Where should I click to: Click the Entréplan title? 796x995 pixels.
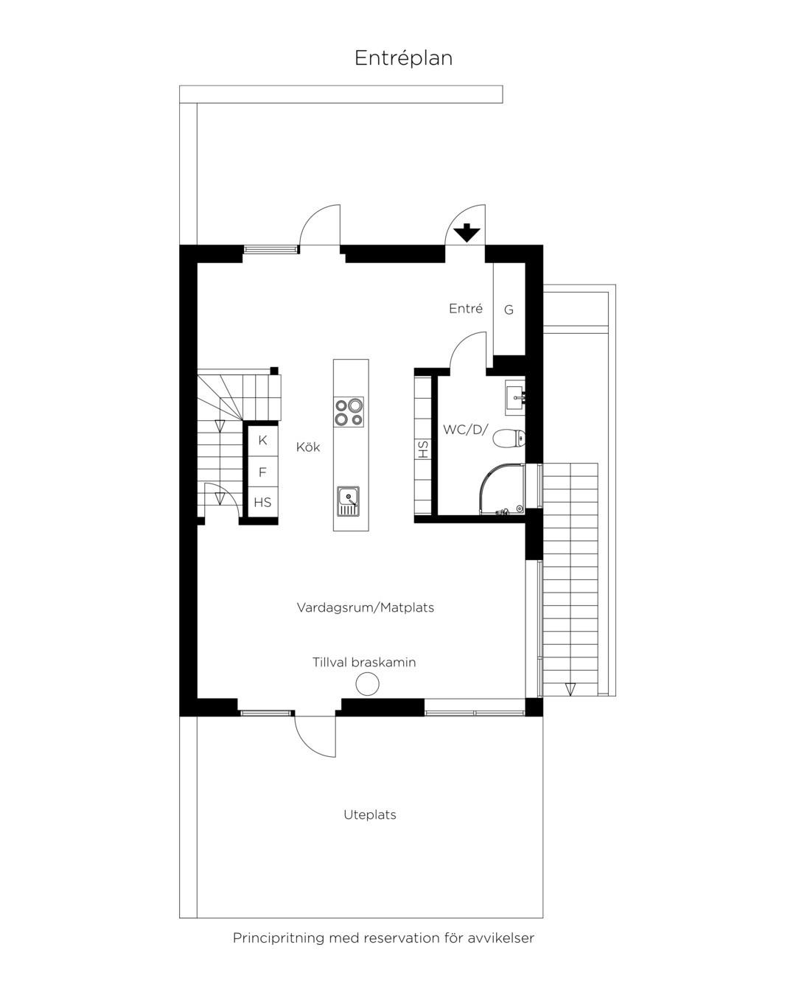(x=403, y=58)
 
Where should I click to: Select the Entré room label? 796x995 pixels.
(x=465, y=308)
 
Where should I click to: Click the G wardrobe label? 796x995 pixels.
(x=509, y=310)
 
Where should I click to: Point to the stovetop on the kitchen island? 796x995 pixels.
(x=349, y=411)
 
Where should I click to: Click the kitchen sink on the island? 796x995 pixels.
(x=348, y=501)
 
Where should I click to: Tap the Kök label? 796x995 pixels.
(x=308, y=447)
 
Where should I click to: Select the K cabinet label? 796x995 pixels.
(x=262, y=440)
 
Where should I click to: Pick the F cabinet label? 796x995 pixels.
(x=262, y=472)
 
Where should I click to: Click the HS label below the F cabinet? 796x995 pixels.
(x=262, y=502)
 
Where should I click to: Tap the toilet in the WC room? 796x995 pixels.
(x=509, y=439)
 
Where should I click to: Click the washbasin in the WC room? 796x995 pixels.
(x=514, y=397)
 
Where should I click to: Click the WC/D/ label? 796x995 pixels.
(x=465, y=430)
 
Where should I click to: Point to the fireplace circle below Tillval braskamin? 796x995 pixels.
(x=367, y=684)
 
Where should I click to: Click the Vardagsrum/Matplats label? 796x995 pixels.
(x=366, y=607)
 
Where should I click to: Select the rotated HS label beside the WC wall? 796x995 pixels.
(x=423, y=450)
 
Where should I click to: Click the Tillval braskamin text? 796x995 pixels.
(x=364, y=662)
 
